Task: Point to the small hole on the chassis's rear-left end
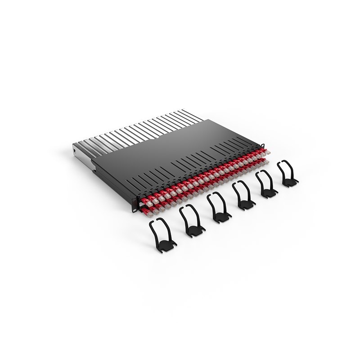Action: (x=75, y=148)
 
